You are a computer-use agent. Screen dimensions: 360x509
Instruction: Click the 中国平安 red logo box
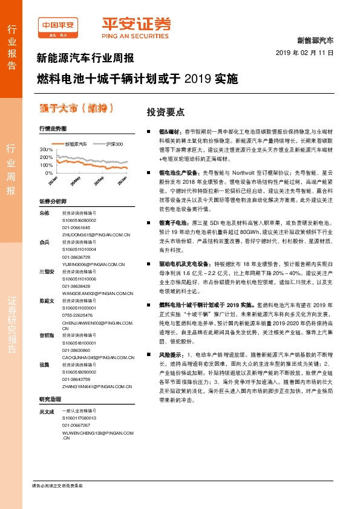pyautogui.click(x=59, y=24)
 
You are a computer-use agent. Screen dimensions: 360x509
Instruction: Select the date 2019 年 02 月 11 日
pyautogui.click(x=309, y=53)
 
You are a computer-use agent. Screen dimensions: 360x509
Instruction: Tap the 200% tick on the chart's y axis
pyautogui.click(x=46, y=157)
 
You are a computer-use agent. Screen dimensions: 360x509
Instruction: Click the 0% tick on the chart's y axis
pyautogui.click(x=49, y=173)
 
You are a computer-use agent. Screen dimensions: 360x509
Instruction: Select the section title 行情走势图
pyautogui.click(x=53, y=128)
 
